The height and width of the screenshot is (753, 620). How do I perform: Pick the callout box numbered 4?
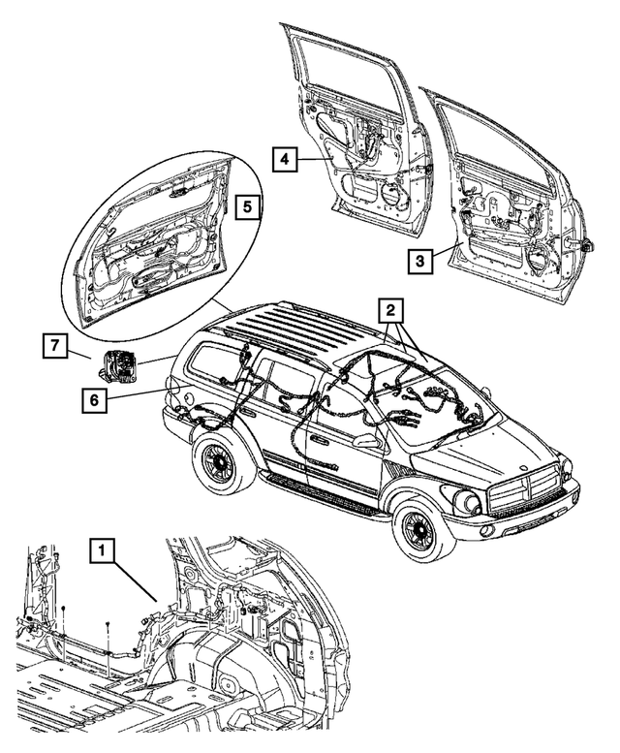pos(283,159)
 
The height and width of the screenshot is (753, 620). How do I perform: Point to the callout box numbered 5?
pos(247,207)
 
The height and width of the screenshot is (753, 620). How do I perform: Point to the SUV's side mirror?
pos(367,441)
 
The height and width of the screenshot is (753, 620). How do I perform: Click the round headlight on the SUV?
pos(463,502)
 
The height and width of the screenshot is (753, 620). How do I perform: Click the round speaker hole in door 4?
pos(394,193)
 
